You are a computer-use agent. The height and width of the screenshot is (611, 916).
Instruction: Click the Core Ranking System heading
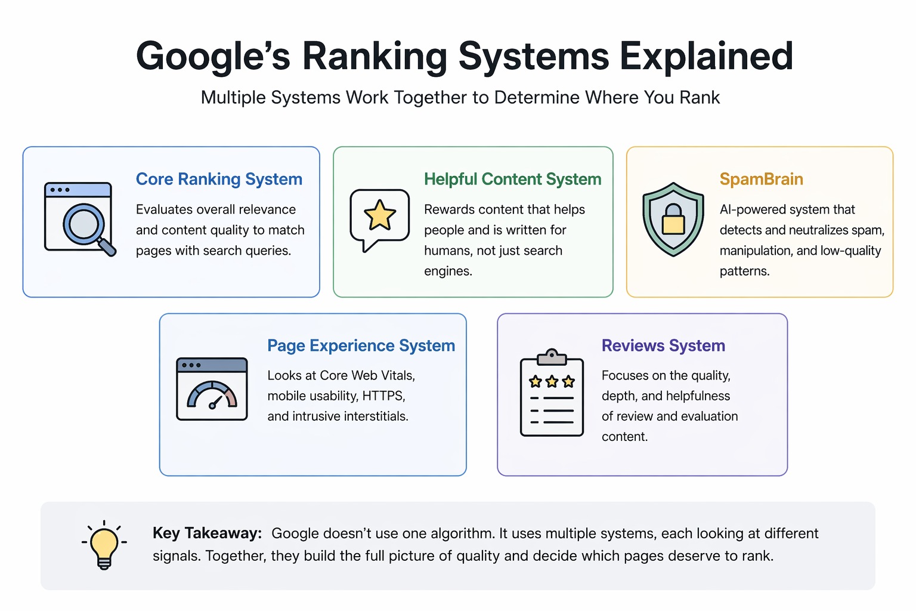(x=219, y=179)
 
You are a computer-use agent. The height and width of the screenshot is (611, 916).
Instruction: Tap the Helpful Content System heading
(x=512, y=179)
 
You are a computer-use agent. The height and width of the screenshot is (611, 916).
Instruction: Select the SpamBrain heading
(x=761, y=179)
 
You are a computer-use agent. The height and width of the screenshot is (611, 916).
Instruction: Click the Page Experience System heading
(x=361, y=345)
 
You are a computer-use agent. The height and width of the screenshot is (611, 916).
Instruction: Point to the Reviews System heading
(x=663, y=345)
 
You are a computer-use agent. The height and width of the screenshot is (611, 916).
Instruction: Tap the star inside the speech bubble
(x=380, y=215)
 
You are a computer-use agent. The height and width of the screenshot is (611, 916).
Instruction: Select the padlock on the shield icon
(x=673, y=220)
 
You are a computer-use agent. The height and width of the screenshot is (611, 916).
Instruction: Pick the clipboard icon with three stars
(x=552, y=393)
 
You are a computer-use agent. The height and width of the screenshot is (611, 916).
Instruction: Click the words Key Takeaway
(x=207, y=533)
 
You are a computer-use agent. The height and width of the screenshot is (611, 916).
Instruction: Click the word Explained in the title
(x=706, y=57)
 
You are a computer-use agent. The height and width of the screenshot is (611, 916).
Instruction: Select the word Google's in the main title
(x=213, y=57)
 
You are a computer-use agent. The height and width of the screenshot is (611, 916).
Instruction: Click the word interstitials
(x=373, y=416)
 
